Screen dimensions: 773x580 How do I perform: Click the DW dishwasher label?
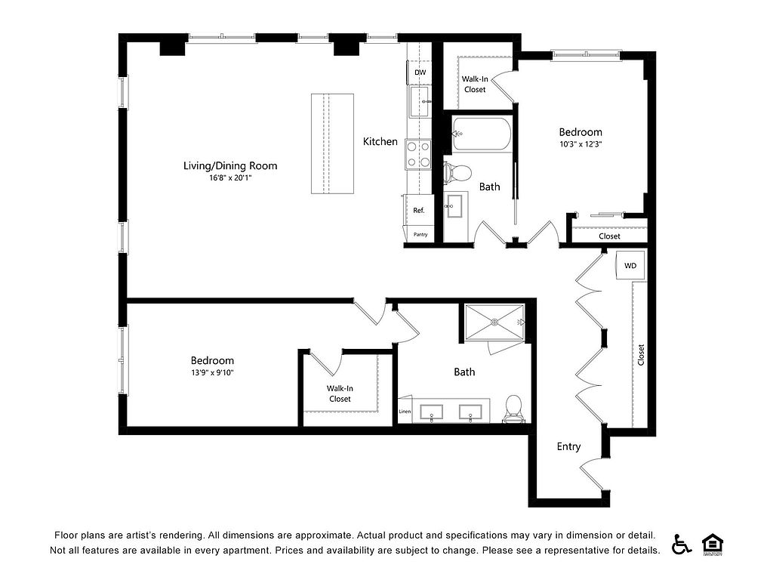click(x=420, y=72)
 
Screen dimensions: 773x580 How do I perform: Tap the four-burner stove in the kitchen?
click(x=418, y=154)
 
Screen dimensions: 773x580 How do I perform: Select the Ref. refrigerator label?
click(x=418, y=211)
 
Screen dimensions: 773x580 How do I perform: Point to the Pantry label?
click(x=420, y=234)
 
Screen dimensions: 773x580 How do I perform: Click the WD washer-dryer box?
click(x=630, y=265)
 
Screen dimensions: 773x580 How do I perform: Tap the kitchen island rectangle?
click(x=332, y=143)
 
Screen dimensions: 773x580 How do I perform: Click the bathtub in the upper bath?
click(x=482, y=134)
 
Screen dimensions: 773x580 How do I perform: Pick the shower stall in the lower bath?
click(x=494, y=322)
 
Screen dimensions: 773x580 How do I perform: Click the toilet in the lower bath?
click(x=513, y=409)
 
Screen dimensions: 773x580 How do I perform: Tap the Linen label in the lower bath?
click(x=405, y=412)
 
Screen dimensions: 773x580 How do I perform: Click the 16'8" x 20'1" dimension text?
click(x=230, y=178)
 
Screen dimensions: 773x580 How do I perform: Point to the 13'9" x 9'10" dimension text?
click(x=212, y=373)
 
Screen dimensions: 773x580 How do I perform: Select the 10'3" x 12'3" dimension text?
click(x=581, y=144)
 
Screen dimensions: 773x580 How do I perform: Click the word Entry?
click(x=568, y=447)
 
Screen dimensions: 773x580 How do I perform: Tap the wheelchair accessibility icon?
click(x=682, y=544)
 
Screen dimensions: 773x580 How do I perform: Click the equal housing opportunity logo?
click(x=713, y=545)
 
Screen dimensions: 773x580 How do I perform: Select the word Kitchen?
click(x=380, y=141)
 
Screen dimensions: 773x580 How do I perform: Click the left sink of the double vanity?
click(x=431, y=412)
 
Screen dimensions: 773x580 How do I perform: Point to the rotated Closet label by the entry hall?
click(x=641, y=355)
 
